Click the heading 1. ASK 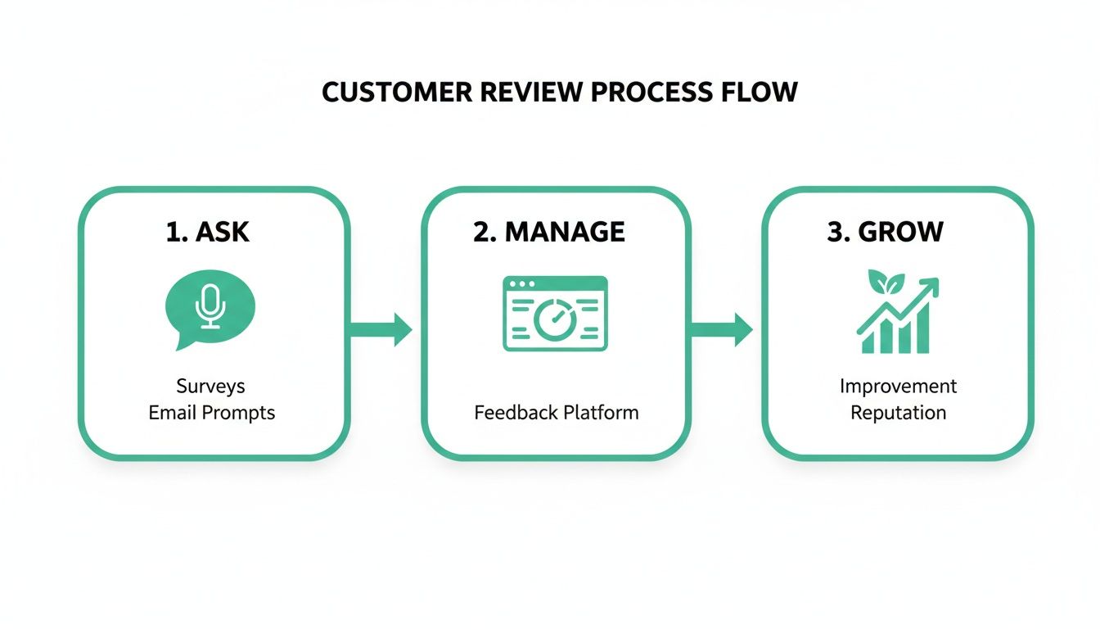[x=207, y=232]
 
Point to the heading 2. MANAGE [x=548, y=232]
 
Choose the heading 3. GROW [x=885, y=232]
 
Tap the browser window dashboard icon [x=555, y=314]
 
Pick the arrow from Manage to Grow [x=722, y=329]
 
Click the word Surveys [x=210, y=386]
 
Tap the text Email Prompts [x=211, y=412]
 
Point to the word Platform [x=597, y=412]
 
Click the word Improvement [x=898, y=386]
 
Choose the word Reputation [x=898, y=412]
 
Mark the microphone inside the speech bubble [x=210, y=305]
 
